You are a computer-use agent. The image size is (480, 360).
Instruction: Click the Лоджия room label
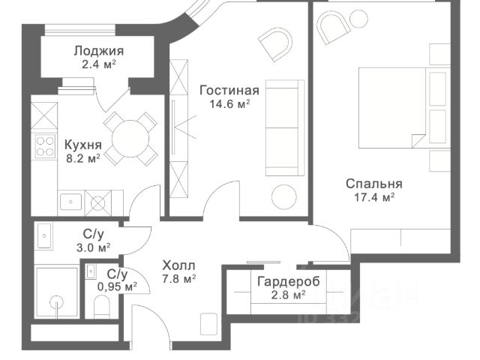tap(98, 51)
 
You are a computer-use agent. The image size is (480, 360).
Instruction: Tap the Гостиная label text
tap(229, 90)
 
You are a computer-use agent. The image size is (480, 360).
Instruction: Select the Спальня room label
tap(374, 184)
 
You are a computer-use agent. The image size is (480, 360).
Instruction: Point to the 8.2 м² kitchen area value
tap(83, 158)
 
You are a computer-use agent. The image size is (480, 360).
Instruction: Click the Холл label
tap(178, 265)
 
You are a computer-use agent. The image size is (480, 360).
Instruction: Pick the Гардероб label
tap(288, 281)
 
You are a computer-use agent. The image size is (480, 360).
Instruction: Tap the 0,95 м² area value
tap(117, 286)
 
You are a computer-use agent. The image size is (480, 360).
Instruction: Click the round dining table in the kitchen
tap(130, 139)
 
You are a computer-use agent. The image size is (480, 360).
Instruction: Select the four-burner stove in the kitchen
tap(45, 146)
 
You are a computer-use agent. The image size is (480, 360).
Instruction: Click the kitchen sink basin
tap(71, 202)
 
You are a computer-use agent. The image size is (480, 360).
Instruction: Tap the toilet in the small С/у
tap(102, 307)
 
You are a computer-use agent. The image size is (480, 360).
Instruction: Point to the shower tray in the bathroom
tap(56, 293)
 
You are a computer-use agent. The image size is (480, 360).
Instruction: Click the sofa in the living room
tap(285, 128)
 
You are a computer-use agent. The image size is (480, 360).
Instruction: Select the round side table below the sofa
tap(284, 197)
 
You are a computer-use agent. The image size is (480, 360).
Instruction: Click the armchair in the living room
tap(275, 44)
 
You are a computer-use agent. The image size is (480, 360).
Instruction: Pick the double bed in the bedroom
tap(404, 108)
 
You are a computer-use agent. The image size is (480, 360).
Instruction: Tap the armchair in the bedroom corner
tap(333, 28)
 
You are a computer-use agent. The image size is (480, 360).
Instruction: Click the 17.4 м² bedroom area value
tap(374, 198)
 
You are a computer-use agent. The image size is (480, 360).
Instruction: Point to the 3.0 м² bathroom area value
tap(93, 247)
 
